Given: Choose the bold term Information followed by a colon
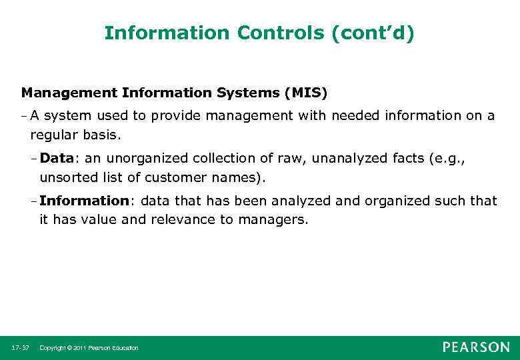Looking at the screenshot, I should point(83,201).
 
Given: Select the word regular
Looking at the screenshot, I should point(53,135).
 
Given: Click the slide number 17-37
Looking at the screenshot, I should point(19,348).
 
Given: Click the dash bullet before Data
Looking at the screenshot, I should point(34,159).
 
